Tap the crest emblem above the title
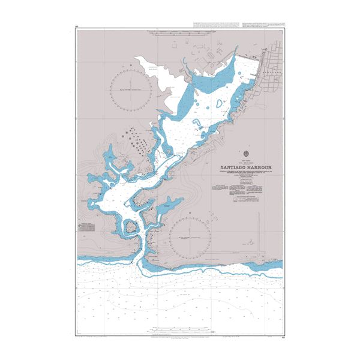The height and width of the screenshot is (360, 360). [x=245, y=154]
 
